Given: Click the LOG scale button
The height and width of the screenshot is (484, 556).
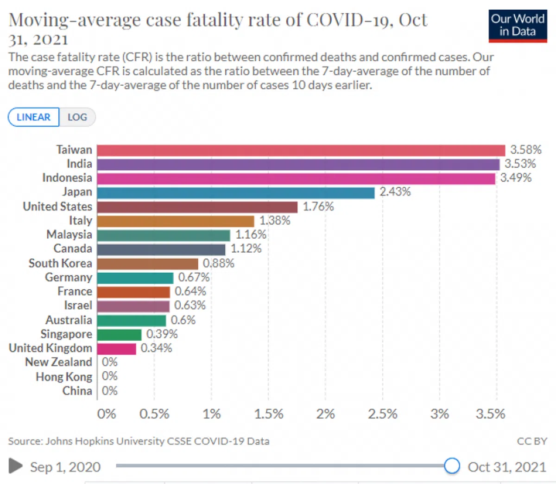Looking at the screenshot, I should pos(77,117).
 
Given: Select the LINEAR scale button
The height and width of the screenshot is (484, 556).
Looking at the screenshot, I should pos(33,117).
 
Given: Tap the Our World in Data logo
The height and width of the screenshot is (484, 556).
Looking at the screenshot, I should pos(518,25).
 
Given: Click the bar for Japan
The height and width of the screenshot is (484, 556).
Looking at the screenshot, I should pos(235,192).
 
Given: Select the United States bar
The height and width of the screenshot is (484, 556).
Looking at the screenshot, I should pos(197,207).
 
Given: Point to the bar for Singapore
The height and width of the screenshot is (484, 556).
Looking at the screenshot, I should pos(119,335).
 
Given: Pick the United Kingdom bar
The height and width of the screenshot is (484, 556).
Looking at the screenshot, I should pos(116,349).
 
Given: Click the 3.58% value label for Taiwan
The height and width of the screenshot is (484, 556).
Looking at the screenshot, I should pos(525,150).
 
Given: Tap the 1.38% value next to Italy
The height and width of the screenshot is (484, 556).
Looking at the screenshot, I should pos(274,221).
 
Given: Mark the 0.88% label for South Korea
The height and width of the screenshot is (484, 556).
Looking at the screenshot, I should pos(218,263).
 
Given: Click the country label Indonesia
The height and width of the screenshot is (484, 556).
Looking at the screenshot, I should pos(67,178).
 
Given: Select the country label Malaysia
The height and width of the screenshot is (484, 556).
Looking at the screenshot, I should pos(69,235).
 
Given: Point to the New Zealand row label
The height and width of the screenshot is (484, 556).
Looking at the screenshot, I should pos(58,362).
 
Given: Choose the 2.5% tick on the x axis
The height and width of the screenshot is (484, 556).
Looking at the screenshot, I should pos(382,414).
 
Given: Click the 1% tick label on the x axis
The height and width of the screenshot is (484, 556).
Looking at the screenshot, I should pos(211,414).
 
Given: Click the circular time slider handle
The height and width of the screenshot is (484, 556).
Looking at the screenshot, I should pos(451,465).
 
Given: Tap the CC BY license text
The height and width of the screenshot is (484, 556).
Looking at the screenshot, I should pos(532,441).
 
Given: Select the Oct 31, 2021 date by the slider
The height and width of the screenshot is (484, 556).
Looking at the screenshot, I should pos(507,467).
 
